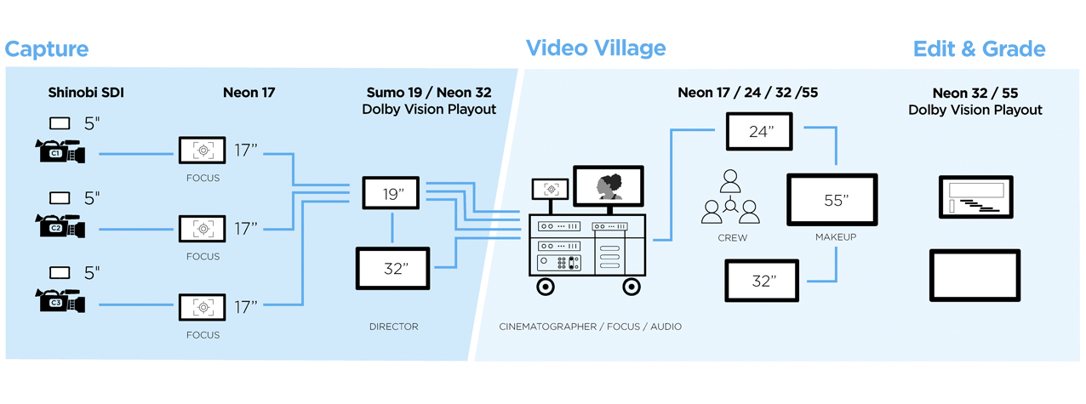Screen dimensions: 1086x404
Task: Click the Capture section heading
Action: pos(47,49)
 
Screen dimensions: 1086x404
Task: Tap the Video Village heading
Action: pos(596,48)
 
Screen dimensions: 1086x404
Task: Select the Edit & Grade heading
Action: pos(980,49)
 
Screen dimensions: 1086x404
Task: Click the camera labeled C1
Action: pos(60,151)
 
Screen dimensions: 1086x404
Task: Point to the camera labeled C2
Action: pos(60,225)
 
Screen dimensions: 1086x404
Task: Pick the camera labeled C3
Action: pos(60,300)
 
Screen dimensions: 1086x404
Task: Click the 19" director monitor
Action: pos(391,193)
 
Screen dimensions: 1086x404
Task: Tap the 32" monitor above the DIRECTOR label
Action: pos(392,269)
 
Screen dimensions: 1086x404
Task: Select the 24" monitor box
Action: pos(759,131)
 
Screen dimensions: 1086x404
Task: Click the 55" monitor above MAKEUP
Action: pos(832,200)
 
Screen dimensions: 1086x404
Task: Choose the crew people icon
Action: pos(730,196)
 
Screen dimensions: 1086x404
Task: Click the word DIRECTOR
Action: pos(394,327)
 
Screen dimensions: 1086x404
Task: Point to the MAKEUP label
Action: pos(836,237)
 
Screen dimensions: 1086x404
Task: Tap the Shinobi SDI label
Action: pos(86,93)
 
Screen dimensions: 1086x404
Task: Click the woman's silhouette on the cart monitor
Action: pos(609,187)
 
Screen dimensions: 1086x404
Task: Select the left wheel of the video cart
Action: pos(546,287)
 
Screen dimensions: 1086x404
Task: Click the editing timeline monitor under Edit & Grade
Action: pos(976,197)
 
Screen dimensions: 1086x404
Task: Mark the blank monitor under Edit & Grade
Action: pos(975,276)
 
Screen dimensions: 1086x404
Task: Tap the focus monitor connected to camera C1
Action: pos(203,151)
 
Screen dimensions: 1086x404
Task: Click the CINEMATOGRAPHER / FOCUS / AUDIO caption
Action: pos(591,327)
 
